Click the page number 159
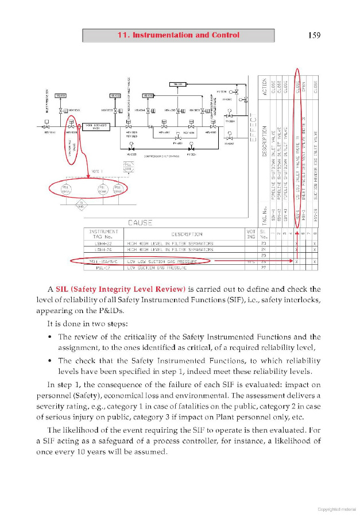313,35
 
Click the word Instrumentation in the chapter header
163,35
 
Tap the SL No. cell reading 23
264,244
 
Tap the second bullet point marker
51,361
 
